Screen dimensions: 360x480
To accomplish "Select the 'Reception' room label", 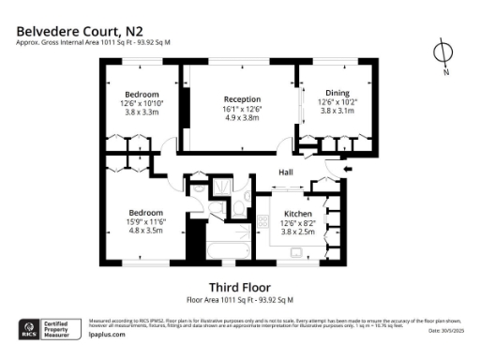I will click(x=242, y=99).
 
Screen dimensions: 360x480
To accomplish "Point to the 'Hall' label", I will click(x=286, y=172).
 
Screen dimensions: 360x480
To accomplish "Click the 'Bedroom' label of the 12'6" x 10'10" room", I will click(x=142, y=94).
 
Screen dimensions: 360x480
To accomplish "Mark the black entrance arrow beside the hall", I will click(x=350, y=169).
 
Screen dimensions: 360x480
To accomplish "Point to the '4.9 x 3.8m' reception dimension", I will click(x=242, y=119).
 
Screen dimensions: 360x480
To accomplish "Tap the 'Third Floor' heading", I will click(x=239, y=287).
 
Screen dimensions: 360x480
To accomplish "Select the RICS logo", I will click(x=29, y=330).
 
